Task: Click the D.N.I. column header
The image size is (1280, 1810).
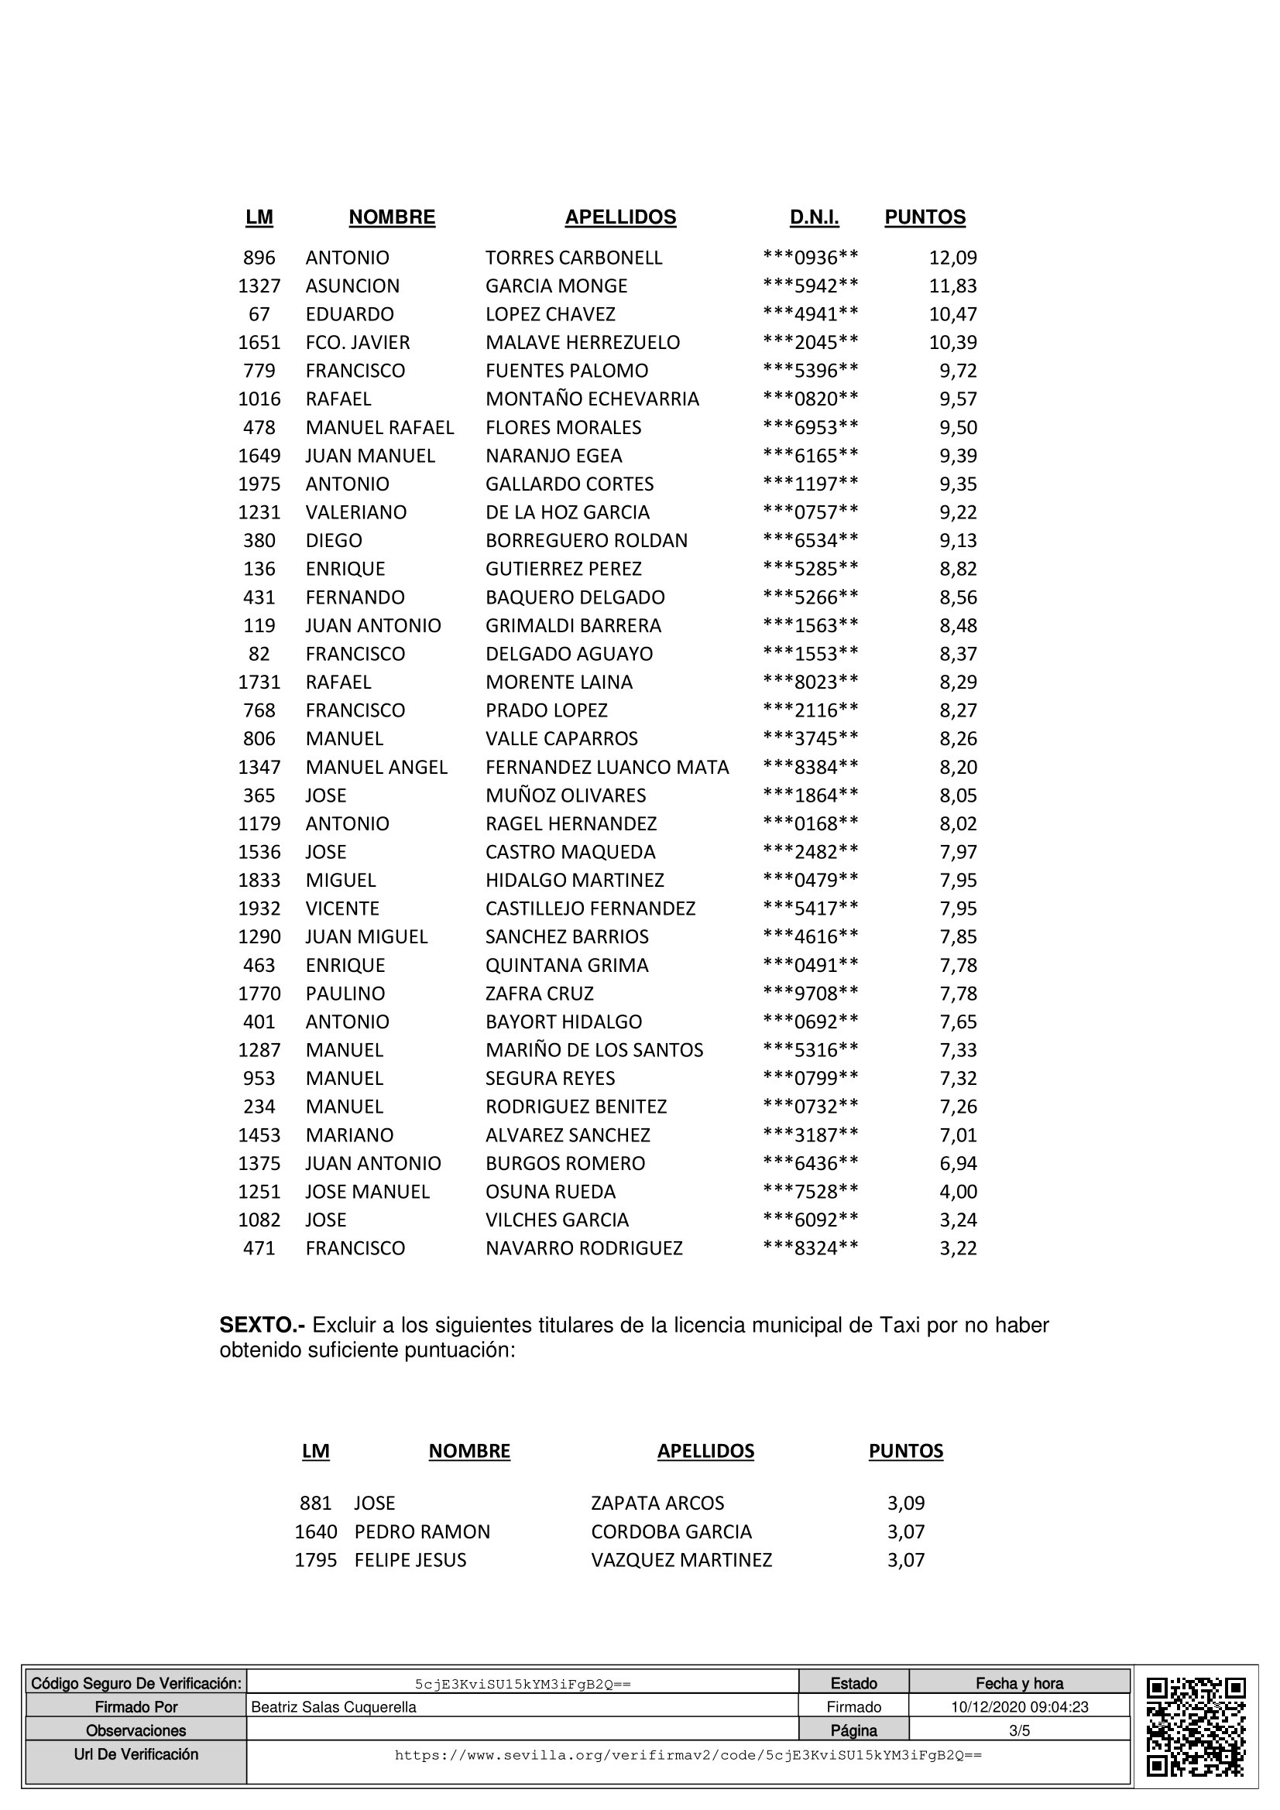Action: tap(814, 217)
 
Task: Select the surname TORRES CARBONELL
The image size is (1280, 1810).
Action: tap(573, 258)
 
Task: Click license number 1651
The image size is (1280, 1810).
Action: tap(259, 343)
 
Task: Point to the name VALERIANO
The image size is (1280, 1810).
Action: tap(355, 512)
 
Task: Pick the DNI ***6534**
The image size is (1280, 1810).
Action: tap(810, 541)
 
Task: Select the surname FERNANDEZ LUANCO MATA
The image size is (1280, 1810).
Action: tap(606, 767)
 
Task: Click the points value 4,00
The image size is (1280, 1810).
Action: tap(957, 1192)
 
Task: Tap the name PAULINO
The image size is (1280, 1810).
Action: tap(345, 994)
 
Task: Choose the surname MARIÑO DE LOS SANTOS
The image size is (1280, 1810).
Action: tap(594, 1050)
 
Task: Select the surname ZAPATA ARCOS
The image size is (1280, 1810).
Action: tap(657, 1504)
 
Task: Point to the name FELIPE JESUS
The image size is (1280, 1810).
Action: tap(410, 1560)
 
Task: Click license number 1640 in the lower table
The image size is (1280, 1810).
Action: tap(315, 1531)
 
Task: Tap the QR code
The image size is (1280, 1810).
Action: tap(1195, 1726)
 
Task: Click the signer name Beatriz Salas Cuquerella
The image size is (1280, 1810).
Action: tap(333, 1708)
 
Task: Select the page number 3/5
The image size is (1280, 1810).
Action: tap(1019, 1731)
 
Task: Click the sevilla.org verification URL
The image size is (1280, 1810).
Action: tap(688, 1756)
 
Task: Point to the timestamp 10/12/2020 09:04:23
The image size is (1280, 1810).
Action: tap(1019, 1708)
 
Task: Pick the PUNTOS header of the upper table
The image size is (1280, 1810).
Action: tap(925, 217)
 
